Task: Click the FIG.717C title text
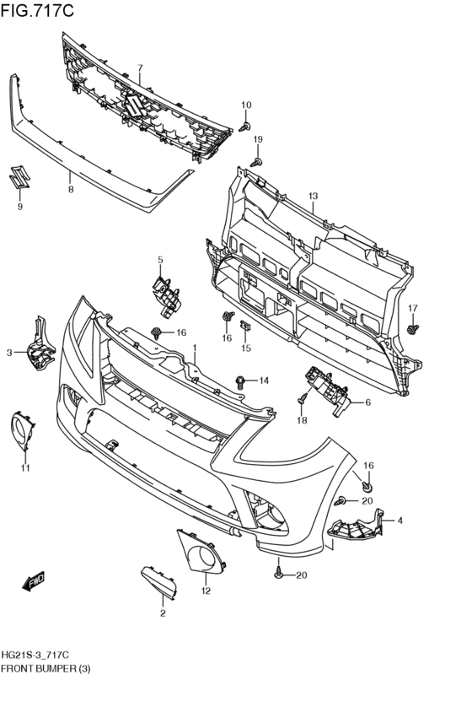tap(38, 11)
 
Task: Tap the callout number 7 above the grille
tap(141, 67)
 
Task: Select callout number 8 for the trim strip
tap(71, 189)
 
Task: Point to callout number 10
tap(246, 105)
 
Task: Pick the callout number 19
tap(258, 139)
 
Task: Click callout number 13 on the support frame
tap(313, 197)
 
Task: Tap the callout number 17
tap(412, 307)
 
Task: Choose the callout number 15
tap(246, 348)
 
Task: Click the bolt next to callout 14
tap(243, 381)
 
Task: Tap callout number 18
tap(302, 419)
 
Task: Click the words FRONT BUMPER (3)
tap(46, 668)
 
